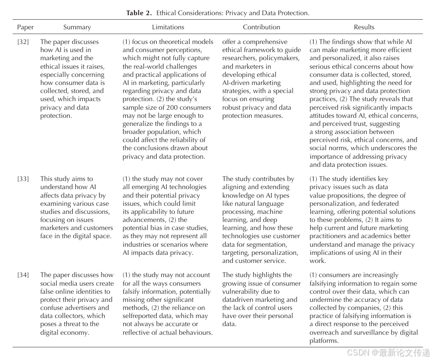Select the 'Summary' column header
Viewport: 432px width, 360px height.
(77, 27)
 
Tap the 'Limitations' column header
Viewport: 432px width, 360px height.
(168, 27)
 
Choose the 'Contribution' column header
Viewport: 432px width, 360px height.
(261, 27)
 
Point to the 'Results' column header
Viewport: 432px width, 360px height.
(364, 27)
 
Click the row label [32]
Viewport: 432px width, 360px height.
(23, 42)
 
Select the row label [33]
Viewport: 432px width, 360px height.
(23, 179)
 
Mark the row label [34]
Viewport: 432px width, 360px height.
(23, 275)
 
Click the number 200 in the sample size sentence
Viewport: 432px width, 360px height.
(167, 107)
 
